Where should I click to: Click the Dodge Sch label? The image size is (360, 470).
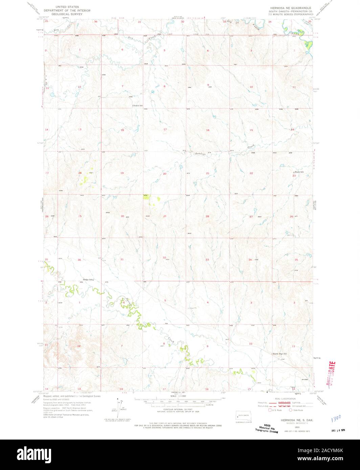tap(88, 280)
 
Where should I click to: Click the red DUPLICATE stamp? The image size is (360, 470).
tap(331, 374)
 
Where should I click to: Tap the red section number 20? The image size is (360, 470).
tap(165, 173)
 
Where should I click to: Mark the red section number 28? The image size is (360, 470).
tap(207, 216)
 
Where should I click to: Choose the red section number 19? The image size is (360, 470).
tap(122, 173)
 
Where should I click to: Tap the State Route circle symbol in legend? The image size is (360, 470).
tap(291, 410)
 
